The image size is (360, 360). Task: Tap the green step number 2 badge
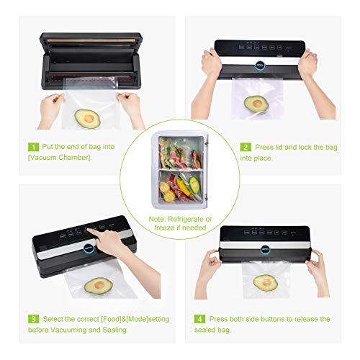click(x=246, y=147)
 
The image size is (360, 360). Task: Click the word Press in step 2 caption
click(x=267, y=147)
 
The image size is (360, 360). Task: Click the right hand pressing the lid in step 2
click(x=307, y=65)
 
